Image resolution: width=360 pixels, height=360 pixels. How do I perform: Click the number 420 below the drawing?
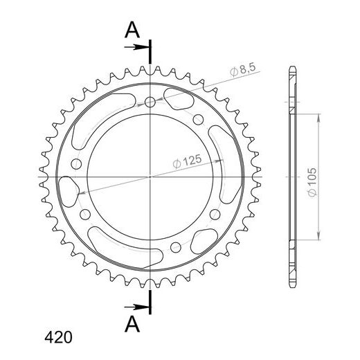click(58, 337)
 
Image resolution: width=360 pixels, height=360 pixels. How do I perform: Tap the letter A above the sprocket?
click(132, 30)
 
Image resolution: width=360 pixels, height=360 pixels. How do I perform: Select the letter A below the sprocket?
click(132, 324)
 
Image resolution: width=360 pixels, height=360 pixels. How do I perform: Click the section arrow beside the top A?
click(136, 47)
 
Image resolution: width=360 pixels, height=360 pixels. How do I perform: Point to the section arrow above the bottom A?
click(136, 307)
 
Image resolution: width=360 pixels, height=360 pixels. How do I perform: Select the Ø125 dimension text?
click(187, 161)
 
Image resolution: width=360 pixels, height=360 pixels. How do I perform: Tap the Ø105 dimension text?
click(312, 182)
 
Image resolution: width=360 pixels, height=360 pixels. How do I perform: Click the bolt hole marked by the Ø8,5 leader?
click(150, 102)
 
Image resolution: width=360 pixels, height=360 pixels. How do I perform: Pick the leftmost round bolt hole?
click(76, 164)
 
